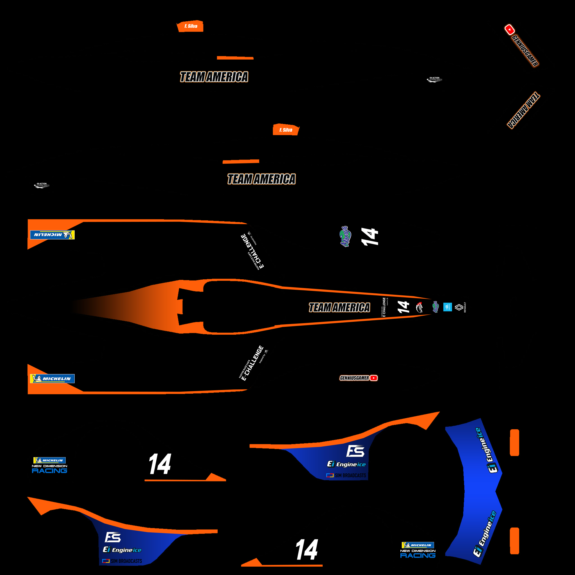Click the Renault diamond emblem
pyautogui.click(x=459, y=307)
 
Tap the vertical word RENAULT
pyautogui.click(x=465, y=307)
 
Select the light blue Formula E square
pyautogui.click(x=447, y=307)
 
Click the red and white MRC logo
pyautogui.click(x=419, y=307)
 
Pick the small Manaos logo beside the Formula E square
pyautogui.click(x=435, y=307)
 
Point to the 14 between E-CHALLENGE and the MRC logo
pyautogui.click(x=403, y=307)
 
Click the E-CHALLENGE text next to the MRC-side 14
pyautogui.click(x=384, y=307)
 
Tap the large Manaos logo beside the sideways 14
pyautogui.click(x=345, y=237)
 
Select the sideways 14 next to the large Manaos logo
pyautogui.click(x=370, y=237)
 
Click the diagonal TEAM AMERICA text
pyautogui.click(x=524, y=110)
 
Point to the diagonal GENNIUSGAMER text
pyautogui.click(x=525, y=51)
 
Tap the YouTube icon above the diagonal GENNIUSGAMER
pyautogui.click(x=510, y=29)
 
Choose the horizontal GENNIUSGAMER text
pyautogui.click(x=354, y=378)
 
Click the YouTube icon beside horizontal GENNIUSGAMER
pyautogui.click(x=373, y=378)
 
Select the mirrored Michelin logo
pyautogui.click(x=53, y=235)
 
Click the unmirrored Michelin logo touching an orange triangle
pyautogui.click(x=53, y=378)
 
